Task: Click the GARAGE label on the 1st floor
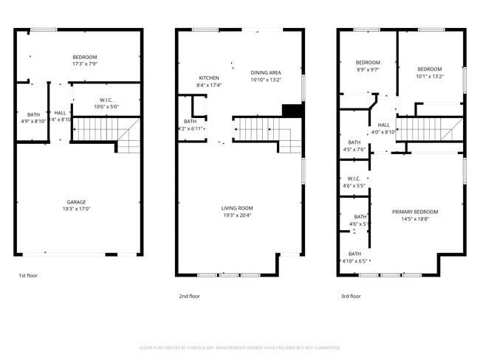(x=77, y=202)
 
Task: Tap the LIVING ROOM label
(x=237, y=208)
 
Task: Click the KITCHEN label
(x=209, y=78)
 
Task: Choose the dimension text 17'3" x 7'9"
(x=84, y=63)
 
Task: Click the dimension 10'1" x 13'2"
(x=429, y=76)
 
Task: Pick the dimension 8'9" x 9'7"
(x=368, y=69)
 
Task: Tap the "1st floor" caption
(x=29, y=276)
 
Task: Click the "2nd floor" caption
(x=190, y=296)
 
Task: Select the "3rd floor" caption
(x=351, y=296)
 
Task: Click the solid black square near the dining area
(x=292, y=111)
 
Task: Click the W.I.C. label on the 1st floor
(x=106, y=100)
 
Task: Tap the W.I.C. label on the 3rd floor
(x=353, y=178)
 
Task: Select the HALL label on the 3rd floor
(x=384, y=125)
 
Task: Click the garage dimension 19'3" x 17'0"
(x=77, y=209)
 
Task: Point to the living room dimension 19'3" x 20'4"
(x=237, y=215)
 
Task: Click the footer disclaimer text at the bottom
(x=240, y=347)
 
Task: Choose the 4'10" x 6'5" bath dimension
(x=354, y=260)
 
